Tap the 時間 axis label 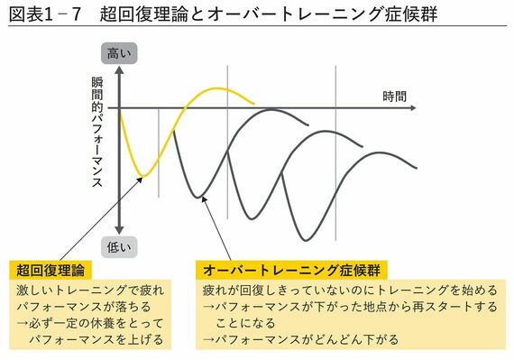[x=394, y=96]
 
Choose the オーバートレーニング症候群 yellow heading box [x=292, y=270]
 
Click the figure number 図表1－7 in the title [x=45, y=15]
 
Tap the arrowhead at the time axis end [x=414, y=108]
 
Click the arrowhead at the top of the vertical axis [x=119, y=70]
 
